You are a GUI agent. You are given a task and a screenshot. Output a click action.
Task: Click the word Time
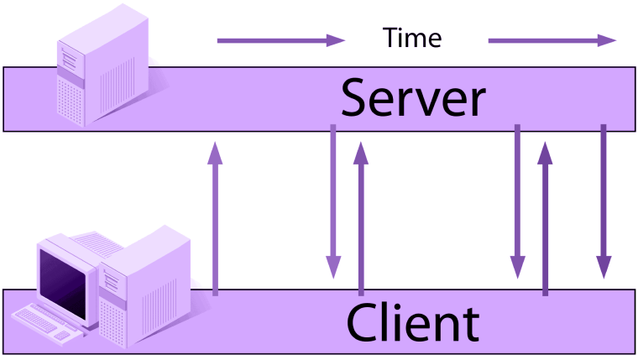pos(412,38)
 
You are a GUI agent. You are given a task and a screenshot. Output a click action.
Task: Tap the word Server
pos(413,98)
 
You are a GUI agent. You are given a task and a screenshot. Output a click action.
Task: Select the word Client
pos(413,322)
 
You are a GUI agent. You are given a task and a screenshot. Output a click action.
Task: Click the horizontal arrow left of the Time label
pos(281,40)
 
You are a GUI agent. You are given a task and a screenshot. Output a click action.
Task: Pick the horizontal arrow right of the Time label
pos(552,40)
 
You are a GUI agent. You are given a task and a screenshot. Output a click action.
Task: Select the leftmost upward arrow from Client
pos(215,218)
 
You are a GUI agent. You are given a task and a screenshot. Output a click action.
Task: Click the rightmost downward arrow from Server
pos(604,201)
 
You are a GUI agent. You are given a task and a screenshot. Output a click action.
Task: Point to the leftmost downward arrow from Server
pos(333,201)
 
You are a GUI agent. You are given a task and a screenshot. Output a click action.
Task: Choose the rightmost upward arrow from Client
pos(545,218)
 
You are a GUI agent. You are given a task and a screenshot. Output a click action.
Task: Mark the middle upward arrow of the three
pos(361,218)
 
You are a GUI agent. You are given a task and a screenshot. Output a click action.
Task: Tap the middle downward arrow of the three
pos(518,201)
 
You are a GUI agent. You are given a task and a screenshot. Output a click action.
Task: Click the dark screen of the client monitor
pos(63,284)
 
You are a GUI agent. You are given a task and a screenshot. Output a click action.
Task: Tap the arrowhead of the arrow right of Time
pos(607,40)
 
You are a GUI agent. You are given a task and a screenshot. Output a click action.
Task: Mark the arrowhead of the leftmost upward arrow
pos(215,153)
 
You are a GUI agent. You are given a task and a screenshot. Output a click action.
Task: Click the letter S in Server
pos(355,98)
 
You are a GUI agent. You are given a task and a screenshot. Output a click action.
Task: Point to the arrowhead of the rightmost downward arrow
pos(604,267)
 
